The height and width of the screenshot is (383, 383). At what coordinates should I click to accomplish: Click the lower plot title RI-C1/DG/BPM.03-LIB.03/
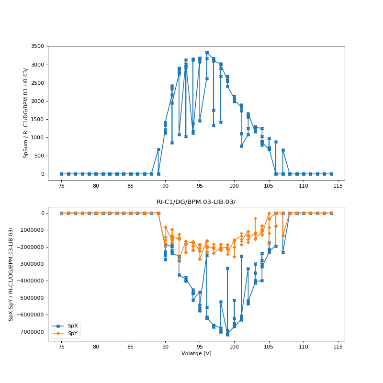[x=196, y=202]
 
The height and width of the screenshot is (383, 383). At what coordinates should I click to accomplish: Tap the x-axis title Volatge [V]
[x=196, y=353]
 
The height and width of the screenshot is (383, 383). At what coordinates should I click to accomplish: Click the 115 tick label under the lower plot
[x=338, y=347]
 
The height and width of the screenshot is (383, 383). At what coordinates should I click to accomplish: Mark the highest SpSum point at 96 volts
[x=207, y=53]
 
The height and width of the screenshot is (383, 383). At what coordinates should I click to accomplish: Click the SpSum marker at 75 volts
[x=61, y=174]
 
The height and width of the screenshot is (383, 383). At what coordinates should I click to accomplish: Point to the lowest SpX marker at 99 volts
[x=227, y=335]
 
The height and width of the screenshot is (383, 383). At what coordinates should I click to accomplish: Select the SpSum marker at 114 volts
[x=331, y=174]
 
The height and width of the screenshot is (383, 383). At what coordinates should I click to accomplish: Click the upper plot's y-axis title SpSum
[x=26, y=113]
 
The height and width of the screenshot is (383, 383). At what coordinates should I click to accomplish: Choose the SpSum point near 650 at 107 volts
[x=283, y=150]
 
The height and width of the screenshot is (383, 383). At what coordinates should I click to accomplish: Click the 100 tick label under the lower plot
[x=234, y=347]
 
